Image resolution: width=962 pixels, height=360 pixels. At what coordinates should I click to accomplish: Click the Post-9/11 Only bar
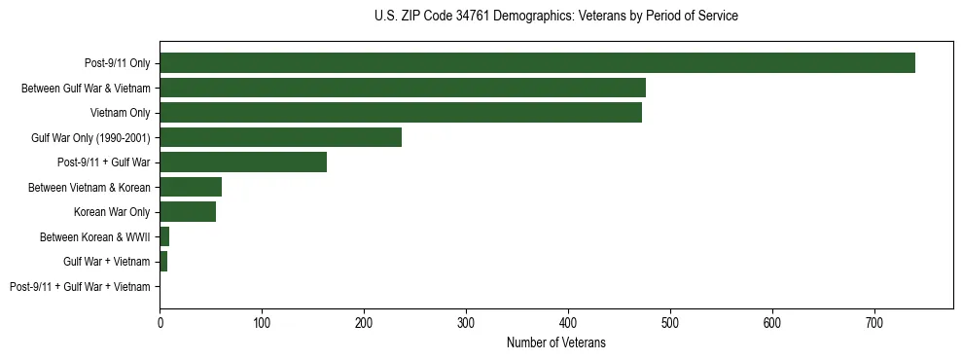pyautogui.click(x=537, y=63)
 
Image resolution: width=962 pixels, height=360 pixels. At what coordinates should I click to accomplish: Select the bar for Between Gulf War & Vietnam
pyautogui.click(x=403, y=88)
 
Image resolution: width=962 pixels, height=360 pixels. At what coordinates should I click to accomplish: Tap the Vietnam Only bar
pyautogui.click(x=401, y=113)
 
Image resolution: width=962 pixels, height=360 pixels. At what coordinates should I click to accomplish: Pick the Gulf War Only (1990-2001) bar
pyautogui.click(x=280, y=137)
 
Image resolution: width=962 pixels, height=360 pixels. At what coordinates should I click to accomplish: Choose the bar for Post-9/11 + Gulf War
pyautogui.click(x=243, y=162)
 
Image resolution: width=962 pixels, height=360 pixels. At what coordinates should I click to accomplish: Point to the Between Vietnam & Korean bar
pyautogui.click(x=191, y=187)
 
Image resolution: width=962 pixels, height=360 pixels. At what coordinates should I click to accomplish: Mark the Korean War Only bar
pyautogui.click(x=188, y=212)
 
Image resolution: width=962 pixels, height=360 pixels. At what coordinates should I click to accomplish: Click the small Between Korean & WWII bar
pyautogui.click(x=164, y=236)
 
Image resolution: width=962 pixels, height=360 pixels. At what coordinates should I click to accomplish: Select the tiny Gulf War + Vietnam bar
pyautogui.click(x=163, y=262)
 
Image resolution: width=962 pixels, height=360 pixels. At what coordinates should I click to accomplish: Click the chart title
pyautogui.click(x=555, y=17)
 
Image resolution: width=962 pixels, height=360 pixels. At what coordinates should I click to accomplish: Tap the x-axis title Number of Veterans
pyautogui.click(x=555, y=342)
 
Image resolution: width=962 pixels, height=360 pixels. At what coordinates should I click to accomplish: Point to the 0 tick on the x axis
pyautogui.click(x=160, y=321)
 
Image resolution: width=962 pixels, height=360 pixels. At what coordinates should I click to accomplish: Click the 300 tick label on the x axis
pyautogui.click(x=466, y=321)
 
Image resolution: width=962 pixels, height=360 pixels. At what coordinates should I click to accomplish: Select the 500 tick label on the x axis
pyautogui.click(x=670, y=321)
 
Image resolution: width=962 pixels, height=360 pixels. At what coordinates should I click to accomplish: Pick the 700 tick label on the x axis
pyautogui.click(x=874, y=321)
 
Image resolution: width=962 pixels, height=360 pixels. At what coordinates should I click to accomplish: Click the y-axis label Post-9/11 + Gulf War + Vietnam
pyautogui.click(x=80, y=287)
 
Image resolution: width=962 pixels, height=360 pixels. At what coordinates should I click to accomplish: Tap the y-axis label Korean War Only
pyautogui.click(x=112, y=212)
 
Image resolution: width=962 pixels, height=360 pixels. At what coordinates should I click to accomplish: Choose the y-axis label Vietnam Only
pyautogui.click(x=120, y=113)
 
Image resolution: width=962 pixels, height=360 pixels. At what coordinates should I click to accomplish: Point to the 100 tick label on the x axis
pyautogui.click(x=262, y=321)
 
